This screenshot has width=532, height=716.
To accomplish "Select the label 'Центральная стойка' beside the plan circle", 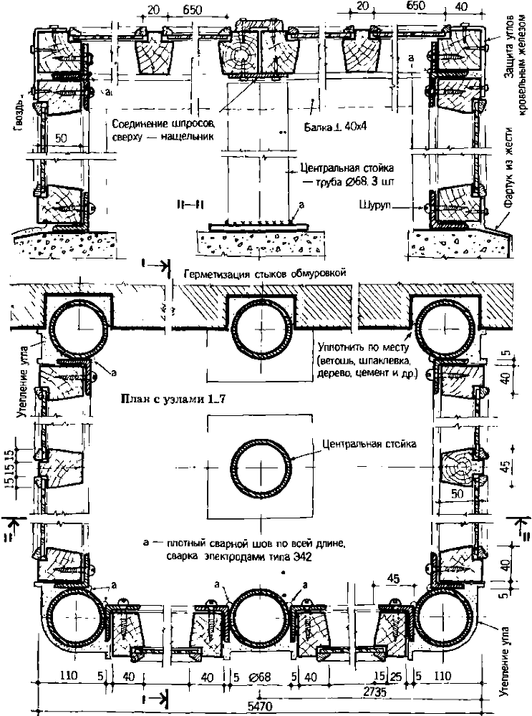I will [369, 445].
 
